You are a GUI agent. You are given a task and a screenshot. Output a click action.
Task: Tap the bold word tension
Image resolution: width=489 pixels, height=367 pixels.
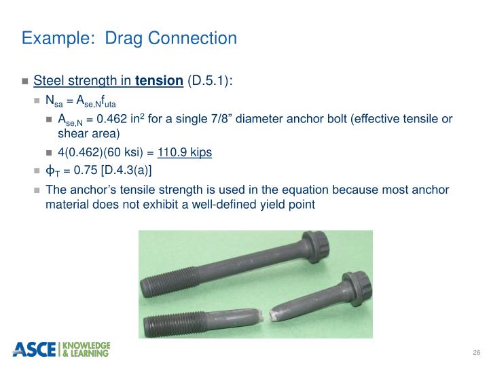[159, 82]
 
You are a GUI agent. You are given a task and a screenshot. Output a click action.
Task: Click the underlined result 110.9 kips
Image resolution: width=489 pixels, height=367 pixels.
[185, 152]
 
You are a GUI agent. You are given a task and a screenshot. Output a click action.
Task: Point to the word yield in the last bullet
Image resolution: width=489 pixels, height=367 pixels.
[267, 203]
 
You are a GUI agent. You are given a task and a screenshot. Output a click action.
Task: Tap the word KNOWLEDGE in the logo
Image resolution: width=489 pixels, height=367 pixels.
[86, 345]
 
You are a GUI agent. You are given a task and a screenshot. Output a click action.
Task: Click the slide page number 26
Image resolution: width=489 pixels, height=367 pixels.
[475, 351]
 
